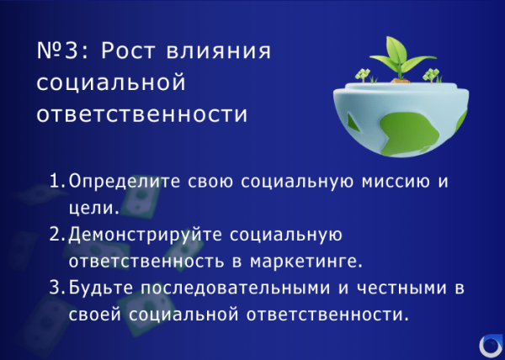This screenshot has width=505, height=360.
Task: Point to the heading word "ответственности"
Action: [x=142, y=114]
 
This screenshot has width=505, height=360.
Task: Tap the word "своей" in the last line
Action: [x=94, y=315]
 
